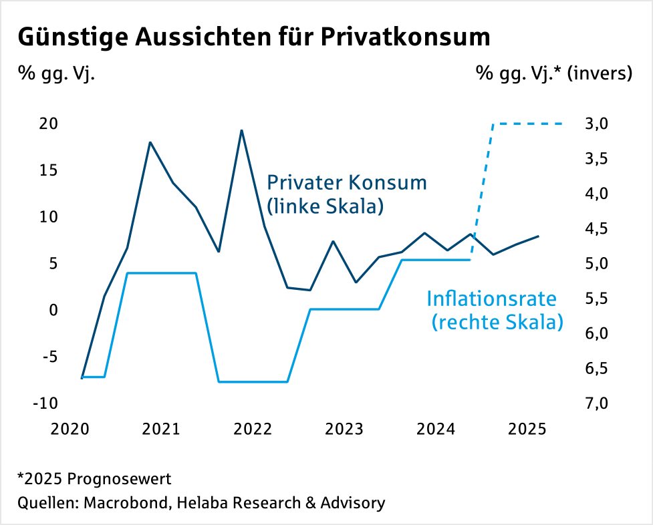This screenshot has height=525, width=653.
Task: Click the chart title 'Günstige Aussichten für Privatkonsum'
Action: pyautogui.click(x=254, y=37)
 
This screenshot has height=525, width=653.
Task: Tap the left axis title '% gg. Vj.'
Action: pyautogui.click(x=56, y=73)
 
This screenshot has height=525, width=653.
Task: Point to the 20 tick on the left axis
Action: pyautogui.click(x=48, y=124)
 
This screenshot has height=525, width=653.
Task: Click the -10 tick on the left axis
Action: pyautogui.click(x=45, y=403)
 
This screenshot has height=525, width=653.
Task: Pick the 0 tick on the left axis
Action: pyautogui.click(x=53, y=310)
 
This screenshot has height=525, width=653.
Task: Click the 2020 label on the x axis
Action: pyautogui.click(x=70, y=429)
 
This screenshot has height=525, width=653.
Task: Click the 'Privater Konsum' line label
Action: pyautogui.click(x=346, y=182)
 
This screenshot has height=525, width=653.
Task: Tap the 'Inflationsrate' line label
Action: pyautogui.click(x=491, y=298)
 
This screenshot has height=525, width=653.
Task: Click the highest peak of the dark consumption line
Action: pyautogui.click(x=241, y=130)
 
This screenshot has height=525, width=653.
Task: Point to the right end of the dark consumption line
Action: pyautogui.click(x=539, y=236)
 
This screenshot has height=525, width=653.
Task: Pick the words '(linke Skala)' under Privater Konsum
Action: pyautogui.click(x=325, y=206)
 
